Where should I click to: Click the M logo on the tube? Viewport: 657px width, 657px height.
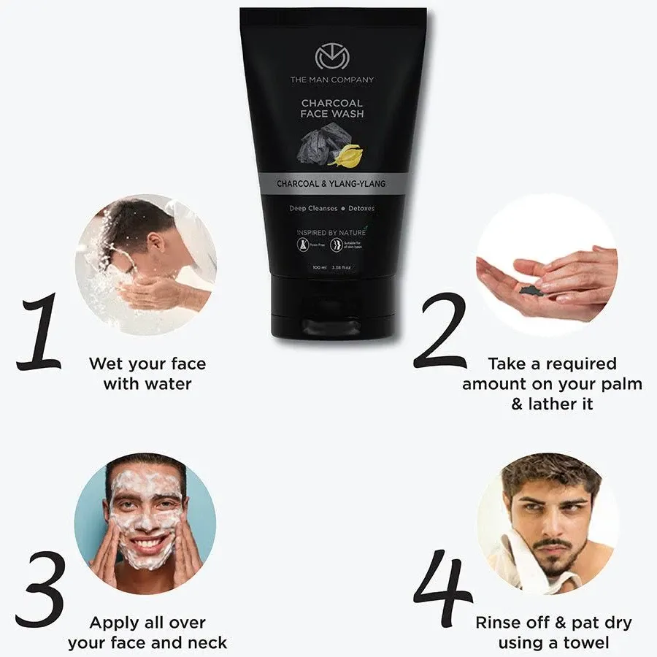tap(331, 58)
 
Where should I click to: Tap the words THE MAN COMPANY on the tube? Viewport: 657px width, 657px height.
tap(333, 80)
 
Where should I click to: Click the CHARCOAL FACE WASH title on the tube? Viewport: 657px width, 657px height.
tap(333, 109)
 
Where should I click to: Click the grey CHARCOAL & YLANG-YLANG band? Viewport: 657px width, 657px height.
tap(331, 185)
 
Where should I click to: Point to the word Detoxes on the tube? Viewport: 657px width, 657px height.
tap(361, 208)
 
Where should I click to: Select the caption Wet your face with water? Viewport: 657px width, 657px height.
tap(147, 373)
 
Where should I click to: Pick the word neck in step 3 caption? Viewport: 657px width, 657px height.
tap(208, 643)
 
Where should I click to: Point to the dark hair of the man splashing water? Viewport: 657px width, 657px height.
tap(135, 219)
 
